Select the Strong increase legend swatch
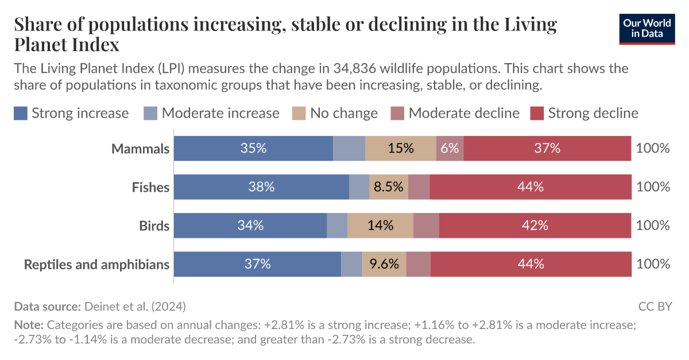click(21, 113)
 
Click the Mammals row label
click(141, 149)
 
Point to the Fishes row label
click(150, 187)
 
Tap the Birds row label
click(154, 226)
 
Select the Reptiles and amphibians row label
click(96, 264)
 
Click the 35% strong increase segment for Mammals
click(253, 149)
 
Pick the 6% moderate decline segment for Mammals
click(450, 149)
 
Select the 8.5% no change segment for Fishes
click(389, 187)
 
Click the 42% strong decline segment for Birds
click(535, 226)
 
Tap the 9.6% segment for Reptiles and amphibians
click(384, 264)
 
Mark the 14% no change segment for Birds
click(380, 226)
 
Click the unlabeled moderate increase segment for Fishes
click(359, 187)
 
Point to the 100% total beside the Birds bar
click(653, 226)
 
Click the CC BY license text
click(655, 307)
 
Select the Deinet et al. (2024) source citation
click(135, 307)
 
